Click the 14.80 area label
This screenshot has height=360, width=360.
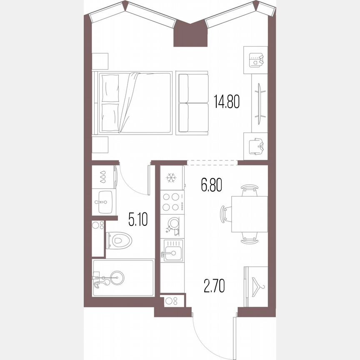point(227,101)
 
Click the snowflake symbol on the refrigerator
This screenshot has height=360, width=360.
point(171,178)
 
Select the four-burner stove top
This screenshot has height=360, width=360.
point(171,202)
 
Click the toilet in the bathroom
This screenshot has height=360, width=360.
point(120,240)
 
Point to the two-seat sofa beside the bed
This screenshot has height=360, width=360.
point(192,103)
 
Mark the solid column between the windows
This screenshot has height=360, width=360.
point(190,36)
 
